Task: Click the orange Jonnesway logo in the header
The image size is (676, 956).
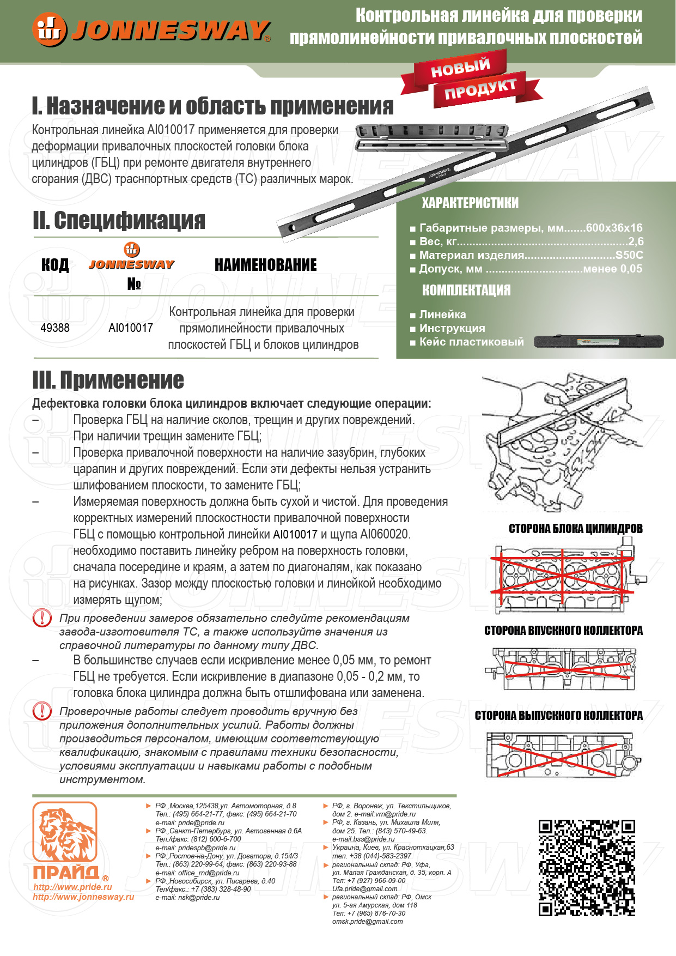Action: click(151, 29)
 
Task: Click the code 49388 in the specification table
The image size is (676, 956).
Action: click(55, 328)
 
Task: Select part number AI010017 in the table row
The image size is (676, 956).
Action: click(131, 328)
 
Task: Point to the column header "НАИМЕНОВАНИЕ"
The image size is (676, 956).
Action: click(265, 265)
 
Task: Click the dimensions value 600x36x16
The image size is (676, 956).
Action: click(614, 228)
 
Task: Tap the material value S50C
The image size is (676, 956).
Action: click(629, 255)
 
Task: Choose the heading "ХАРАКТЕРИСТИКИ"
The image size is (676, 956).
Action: click(470, 203)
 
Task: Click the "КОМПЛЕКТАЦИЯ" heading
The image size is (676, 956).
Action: click(466, 290)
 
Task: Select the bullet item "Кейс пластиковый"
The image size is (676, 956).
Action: click(471, 342)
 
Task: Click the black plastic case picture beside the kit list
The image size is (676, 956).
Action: click(598, 342)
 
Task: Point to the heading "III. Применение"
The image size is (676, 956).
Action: click(108, 380)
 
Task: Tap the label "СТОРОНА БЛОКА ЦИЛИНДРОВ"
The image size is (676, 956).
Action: click(575, 529)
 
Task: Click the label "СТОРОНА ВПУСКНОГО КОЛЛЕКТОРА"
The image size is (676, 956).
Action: click(563, 631)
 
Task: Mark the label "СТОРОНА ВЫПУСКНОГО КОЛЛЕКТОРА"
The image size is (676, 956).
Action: click(558, 716)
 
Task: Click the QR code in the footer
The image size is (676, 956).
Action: click(587, 868)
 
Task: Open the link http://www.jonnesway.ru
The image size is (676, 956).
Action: click(83, 897)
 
